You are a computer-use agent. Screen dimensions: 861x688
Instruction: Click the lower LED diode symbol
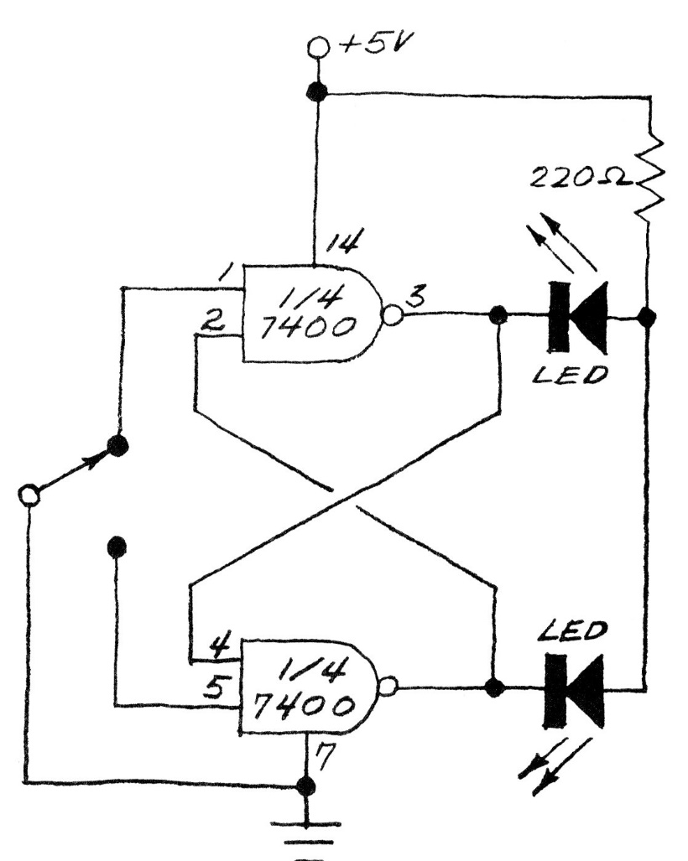(575, 688)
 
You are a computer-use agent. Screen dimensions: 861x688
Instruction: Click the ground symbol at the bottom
(308, 835)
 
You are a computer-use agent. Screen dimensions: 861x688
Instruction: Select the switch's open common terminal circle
(30, 495)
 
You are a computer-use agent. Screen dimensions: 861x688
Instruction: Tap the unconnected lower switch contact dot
(117, 547)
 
